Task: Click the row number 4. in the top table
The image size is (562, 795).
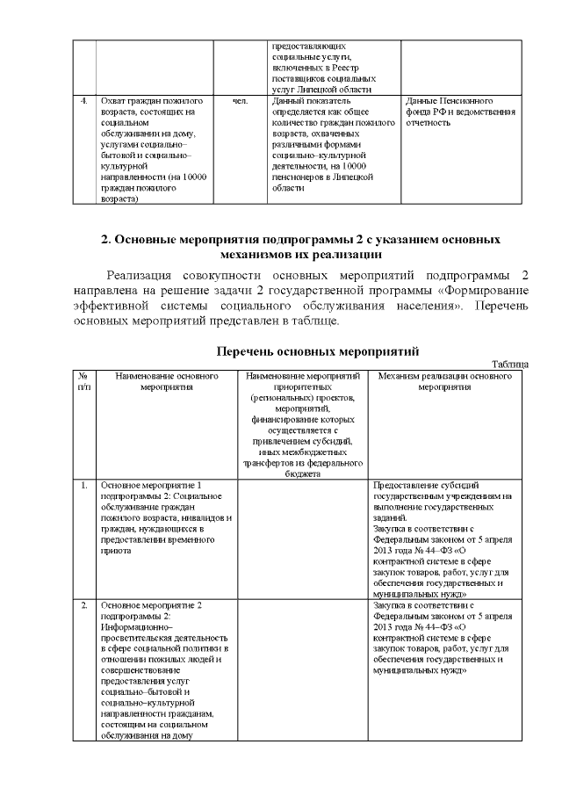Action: pyautogui.click(x=83, y=101)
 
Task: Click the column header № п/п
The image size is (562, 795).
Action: pyautogui.click(x=83, y=380)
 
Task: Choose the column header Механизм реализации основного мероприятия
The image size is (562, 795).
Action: pyautogui.click(x=444, y=380)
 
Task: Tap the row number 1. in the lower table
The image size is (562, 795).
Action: pyautogui.click(x=83, y=485)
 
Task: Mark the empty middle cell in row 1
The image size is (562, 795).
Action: pyautogui.click(x=302, y=538)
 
